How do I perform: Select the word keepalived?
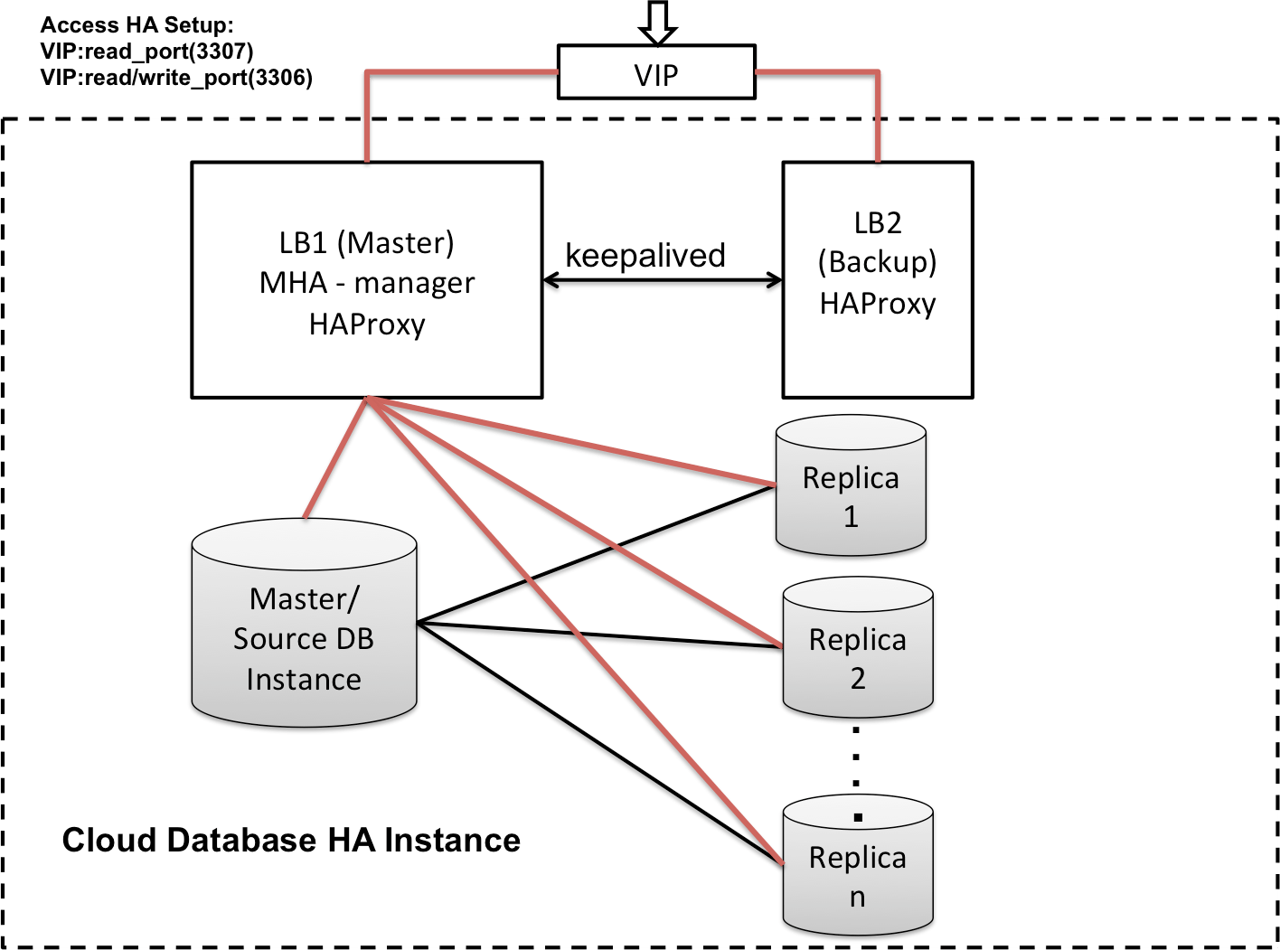645,256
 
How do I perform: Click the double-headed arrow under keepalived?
663,281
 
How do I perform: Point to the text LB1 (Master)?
366,242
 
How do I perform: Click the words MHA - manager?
366,283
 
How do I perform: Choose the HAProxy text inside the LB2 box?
877,303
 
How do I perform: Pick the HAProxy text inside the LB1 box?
366,324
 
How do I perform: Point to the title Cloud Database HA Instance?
291,840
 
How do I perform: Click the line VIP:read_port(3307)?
146,52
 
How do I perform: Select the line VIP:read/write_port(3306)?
176,78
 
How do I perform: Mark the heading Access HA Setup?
136,25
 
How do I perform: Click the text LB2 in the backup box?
877,222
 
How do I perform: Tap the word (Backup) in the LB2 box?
877,262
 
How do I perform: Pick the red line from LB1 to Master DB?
334,459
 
